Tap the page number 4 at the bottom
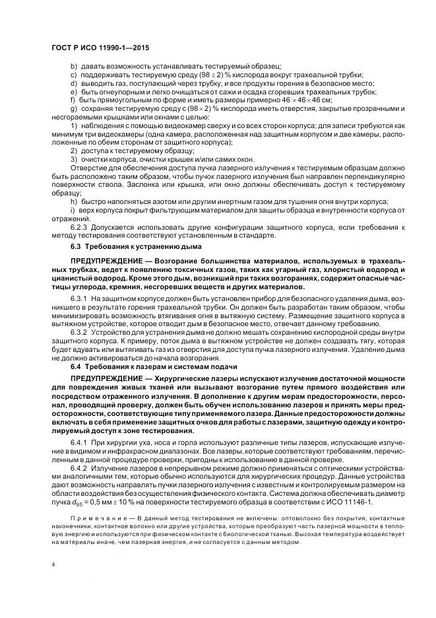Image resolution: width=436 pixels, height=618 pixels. [x=52, y=563]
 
